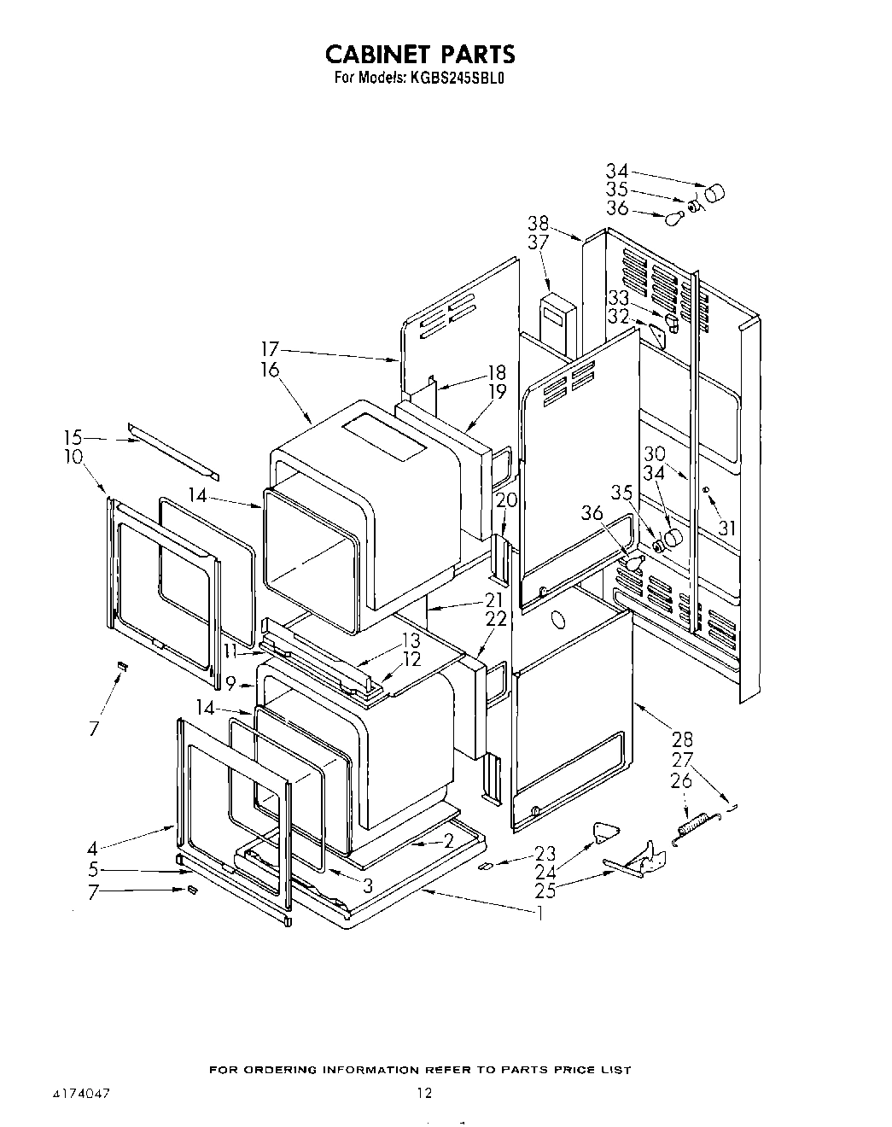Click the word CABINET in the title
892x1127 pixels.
[380, 55]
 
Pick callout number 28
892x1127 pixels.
[682, 739]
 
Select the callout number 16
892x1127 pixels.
[270, 370]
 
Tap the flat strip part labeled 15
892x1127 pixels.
[173, 451]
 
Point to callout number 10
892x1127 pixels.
[73, 457]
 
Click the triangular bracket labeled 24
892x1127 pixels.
[605, 831]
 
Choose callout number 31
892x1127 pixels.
[726, 529]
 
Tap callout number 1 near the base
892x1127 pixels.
[539, 913]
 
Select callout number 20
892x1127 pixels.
[506, 499]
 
